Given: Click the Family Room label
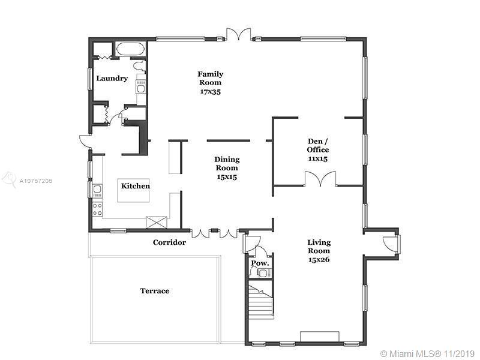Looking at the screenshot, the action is [x=211, y=79].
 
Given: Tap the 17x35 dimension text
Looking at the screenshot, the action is [x=211, y=92].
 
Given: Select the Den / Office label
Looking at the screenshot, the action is [x=318, y=145].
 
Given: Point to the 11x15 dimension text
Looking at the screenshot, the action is [x=318, y=158].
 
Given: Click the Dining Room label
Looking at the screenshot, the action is [x=227, y=163].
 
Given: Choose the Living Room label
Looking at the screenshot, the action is [x=319, y=247].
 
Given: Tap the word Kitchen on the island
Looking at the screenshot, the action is [x=136, y=186].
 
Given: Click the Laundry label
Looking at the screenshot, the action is [x=112, y=79].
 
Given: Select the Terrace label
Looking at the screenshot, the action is [x=155, y=291].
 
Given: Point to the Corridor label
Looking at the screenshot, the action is [x=169, y=242].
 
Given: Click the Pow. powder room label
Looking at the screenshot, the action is [x=260, y=263].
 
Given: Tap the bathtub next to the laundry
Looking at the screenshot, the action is [x=131, y=49].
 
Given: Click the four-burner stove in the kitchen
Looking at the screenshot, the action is [x=97, y=209].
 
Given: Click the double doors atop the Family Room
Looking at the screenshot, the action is [x=239, y=34].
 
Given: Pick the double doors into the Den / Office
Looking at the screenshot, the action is [x=320, y=179].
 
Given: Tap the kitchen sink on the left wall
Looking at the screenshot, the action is [x=97, y=190].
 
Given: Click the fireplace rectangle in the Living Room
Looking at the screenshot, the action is [x=320, y=336].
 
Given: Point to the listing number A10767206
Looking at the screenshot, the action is [x=36, y=181].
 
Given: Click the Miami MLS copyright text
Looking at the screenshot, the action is [x=428, y=353].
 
